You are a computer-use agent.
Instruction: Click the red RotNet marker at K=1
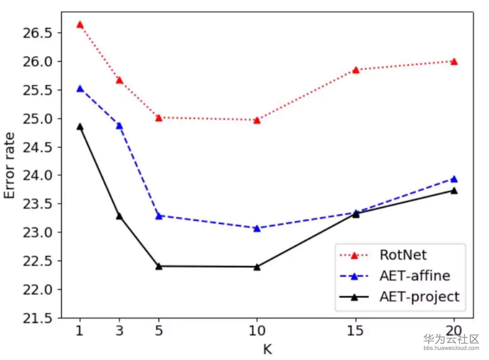(x=80, y=25)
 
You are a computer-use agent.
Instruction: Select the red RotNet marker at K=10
(x=257, y=121)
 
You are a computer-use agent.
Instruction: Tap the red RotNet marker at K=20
(x=454, y=62)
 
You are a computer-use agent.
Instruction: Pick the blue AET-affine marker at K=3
(x=119, y=126)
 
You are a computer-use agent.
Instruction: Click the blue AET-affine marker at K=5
(x=159, y=216)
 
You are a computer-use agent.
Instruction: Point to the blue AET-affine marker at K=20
(x=454, y=179)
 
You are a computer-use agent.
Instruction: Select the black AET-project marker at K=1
(x=80, y=127)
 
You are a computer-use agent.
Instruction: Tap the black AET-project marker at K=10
(x=257, y=267)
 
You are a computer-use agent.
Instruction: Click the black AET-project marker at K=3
(x=119, y=216)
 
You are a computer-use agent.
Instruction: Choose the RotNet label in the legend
(x=403, y=255)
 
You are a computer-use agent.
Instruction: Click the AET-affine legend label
(x=415, y=276)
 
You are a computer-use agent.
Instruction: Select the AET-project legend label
(x=419, y=297)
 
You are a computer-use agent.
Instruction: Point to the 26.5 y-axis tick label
(x=37, y=33)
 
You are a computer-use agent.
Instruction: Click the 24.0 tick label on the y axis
(x=37, y=175)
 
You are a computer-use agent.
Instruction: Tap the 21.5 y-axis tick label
(x=37, y=318)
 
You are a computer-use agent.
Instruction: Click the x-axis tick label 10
(x=257, y=331)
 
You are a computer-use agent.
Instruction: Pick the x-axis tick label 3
(x=119, y=331)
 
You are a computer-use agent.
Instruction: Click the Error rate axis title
(x=10, y=165)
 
